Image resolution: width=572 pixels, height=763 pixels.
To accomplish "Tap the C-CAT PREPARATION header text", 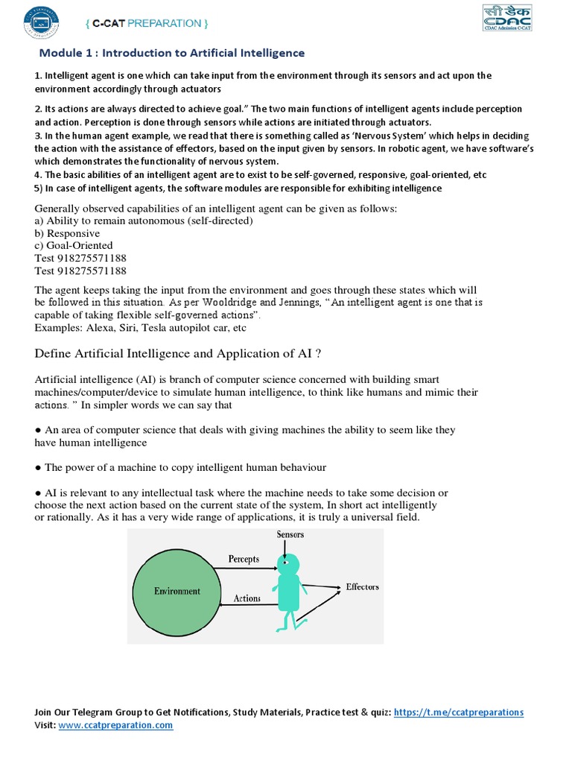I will [146, 23].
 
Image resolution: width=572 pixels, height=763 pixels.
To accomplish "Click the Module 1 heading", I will [171, 53].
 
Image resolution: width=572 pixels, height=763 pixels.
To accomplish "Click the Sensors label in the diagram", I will [290, 534].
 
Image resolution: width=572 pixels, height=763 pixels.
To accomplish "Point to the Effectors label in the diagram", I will [362, 586].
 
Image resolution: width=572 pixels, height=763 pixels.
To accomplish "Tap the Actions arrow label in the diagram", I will [247, 598].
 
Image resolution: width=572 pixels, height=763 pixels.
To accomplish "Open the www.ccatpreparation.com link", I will [115, 725].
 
